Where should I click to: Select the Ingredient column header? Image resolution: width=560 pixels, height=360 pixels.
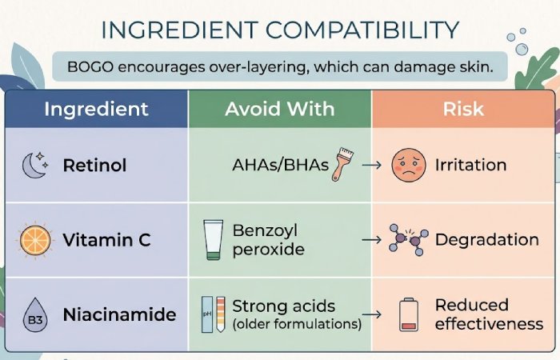(x=96, y=109)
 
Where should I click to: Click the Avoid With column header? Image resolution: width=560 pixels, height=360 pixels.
(x=279, y=109)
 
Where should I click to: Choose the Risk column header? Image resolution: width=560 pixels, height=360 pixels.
(x=464, y=109)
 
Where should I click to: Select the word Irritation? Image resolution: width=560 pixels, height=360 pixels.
(x=470, y=166)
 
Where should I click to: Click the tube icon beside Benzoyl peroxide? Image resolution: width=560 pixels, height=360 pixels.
(x=212, y=239)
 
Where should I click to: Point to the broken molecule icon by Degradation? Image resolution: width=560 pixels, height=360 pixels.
(x=408, y=239)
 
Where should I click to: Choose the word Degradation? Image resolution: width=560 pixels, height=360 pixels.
(x=486, y=239)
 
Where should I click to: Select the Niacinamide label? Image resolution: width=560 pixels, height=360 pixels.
(x=119, y=314)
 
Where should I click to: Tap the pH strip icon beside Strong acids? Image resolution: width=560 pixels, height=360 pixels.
(x=210, y=314)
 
